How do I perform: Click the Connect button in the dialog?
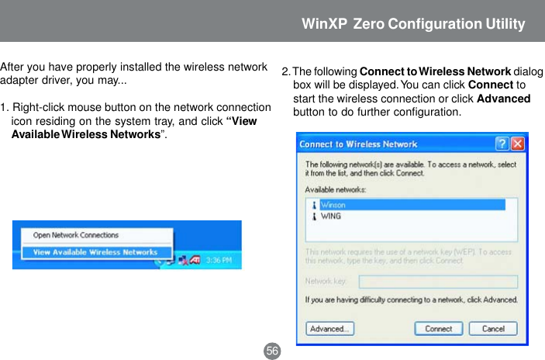point(438,328)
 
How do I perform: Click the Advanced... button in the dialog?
point(329,328)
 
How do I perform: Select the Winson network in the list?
point(333,205)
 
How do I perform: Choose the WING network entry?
point(331,216)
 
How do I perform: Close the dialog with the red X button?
point(517,144)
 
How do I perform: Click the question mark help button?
point(502,144)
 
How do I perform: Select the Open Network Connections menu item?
point(76,235)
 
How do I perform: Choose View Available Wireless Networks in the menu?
point(95,252)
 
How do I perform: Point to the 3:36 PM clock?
point(218,261)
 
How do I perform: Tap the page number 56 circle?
point(272,351)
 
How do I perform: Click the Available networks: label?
point(336,189)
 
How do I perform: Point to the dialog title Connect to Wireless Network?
point(358,144)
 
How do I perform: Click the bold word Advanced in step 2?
point(503,99)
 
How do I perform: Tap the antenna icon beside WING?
point(314,216)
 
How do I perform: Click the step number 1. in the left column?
point(5,107)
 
